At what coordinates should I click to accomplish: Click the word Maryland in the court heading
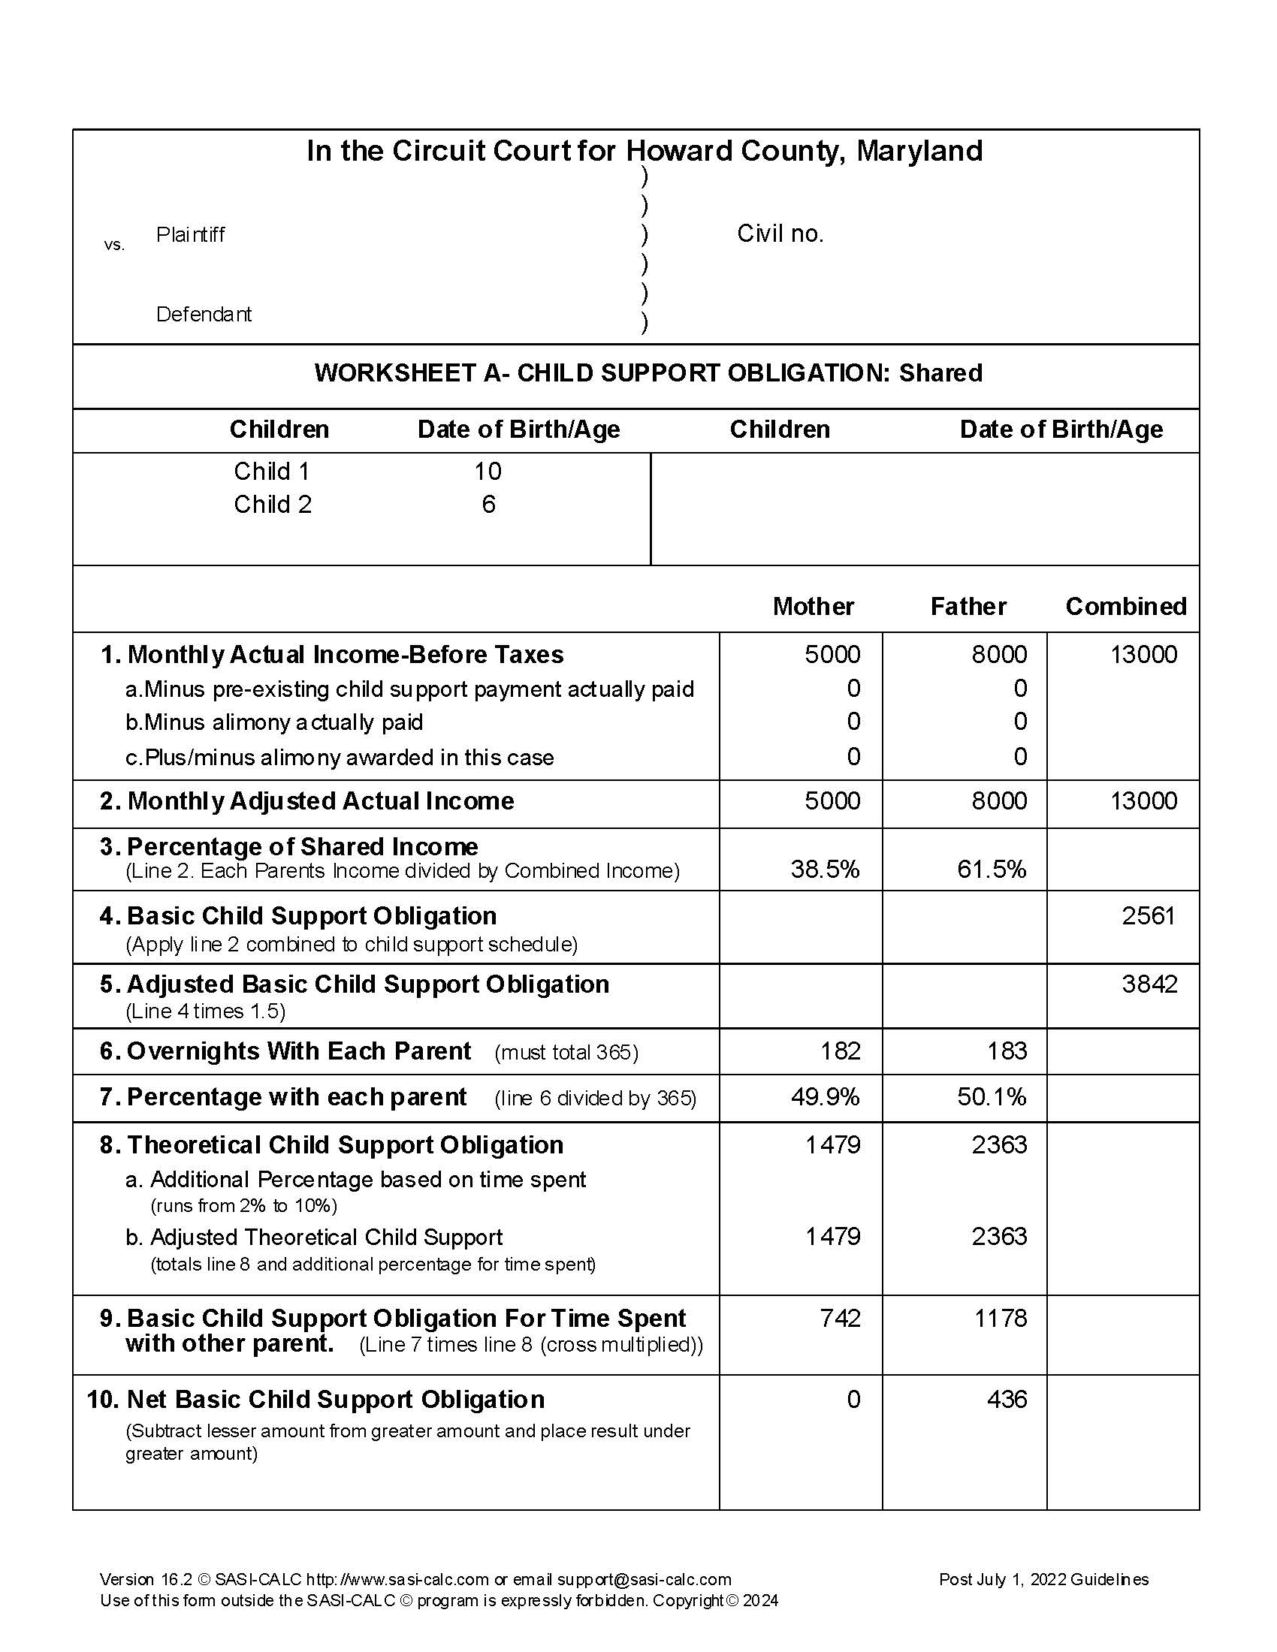(x=919, y=151)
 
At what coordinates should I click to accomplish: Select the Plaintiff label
(x=190, y=234)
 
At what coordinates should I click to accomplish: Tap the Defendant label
(x=204, y=314)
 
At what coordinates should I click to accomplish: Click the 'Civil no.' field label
(x=780, y=234)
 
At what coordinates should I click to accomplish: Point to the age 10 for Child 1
(x=488, y=472)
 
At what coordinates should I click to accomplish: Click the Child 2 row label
(x=273, y=505)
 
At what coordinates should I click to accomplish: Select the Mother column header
(x=814, y=606)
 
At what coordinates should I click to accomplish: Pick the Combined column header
(x=1126, y=606)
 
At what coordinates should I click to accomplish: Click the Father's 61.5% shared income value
(x=991, y=869)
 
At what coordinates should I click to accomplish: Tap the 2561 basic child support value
(x=1149, y=915)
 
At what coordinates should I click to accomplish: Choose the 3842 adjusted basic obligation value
(x=1149, y=984)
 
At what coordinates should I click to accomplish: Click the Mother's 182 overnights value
(x=841, y=1051)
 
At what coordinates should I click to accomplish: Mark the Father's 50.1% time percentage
(x=991, y=1096)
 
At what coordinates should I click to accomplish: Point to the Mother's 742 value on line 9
(x=841, y=1318)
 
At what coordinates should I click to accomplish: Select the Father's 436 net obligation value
(x=1007, y=1399)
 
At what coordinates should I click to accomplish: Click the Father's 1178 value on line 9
(x=1000, y=1318)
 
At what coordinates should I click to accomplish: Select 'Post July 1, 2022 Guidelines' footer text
(x=1043, y=1578)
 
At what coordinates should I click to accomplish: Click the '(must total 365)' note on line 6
(x=566, y=1052)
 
